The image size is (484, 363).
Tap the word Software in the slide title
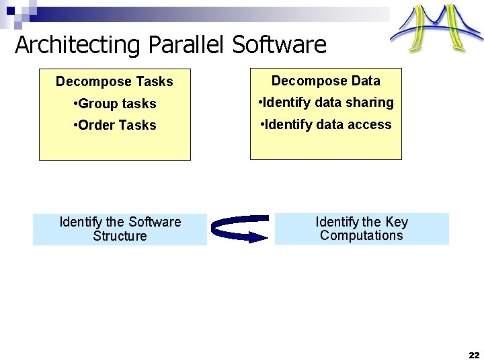click(279, 45)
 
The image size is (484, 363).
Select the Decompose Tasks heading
click(114, 81)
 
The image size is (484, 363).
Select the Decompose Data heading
click(326, 81)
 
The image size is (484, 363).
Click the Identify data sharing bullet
click(326, 102)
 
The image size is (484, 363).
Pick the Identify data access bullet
click(325, 124)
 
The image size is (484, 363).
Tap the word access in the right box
click(370, 124)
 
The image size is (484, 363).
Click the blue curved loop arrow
click(239, 229)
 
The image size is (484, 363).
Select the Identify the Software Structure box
click(120, 229)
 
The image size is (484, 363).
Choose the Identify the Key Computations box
click(362, 229)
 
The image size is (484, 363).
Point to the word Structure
click(120, 236)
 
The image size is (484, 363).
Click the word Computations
click(362, 235)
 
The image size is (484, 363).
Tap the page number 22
click(474, 354)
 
